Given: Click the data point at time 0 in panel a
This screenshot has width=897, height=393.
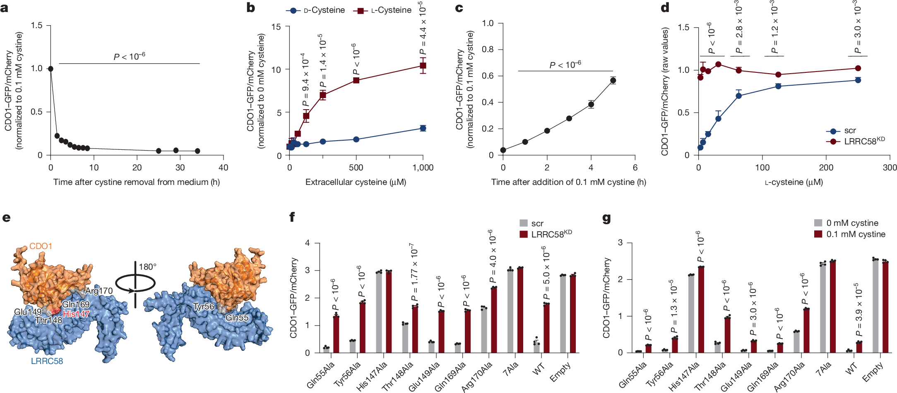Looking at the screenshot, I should [x=51, y=69].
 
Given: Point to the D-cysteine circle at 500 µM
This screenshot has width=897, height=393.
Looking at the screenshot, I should [x=356, y=139].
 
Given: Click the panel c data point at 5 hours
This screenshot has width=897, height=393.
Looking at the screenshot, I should [x=613, y=81].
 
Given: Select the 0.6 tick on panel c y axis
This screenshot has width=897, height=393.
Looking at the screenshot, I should [x=488, y=76].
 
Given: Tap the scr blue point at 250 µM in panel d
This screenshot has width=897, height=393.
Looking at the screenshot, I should [x=858, y=80].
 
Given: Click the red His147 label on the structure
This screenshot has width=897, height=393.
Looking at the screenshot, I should [x=76, y=314].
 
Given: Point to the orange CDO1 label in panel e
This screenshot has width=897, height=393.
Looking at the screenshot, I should [x=41, y=246].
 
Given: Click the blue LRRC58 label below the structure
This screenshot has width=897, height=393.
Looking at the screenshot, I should [x=47, y=361].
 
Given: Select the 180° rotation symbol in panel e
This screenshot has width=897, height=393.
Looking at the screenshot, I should [x=135, y=284].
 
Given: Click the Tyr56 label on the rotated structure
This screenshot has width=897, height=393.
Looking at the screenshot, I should [x=204, y=307].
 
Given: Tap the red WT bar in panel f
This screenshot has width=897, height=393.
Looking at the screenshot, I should [x=546, y=328].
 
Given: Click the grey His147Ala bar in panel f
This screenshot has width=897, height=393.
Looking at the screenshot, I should [x=379, y=312].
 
